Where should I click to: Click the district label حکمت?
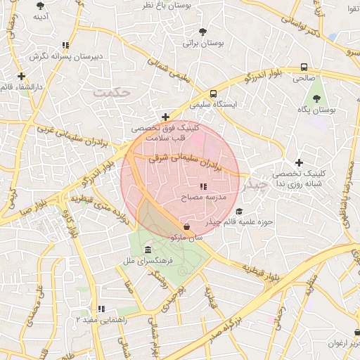[115, 92]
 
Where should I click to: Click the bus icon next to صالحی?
[304, 67]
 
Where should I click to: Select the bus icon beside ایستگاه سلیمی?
[213, 94]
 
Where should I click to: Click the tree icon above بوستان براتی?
[203, 32]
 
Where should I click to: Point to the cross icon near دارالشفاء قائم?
[22, 76]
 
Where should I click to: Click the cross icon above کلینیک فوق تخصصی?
[165, 117]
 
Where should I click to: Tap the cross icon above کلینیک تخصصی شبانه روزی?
[300, 162]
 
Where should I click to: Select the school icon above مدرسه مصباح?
[203, 187]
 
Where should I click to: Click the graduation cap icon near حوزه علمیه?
[240, 211]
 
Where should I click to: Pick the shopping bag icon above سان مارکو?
[186, 226]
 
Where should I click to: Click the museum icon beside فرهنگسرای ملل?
[148, 251]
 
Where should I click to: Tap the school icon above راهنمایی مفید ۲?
[101, 308]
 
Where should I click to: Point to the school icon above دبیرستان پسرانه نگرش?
[66, 44]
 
